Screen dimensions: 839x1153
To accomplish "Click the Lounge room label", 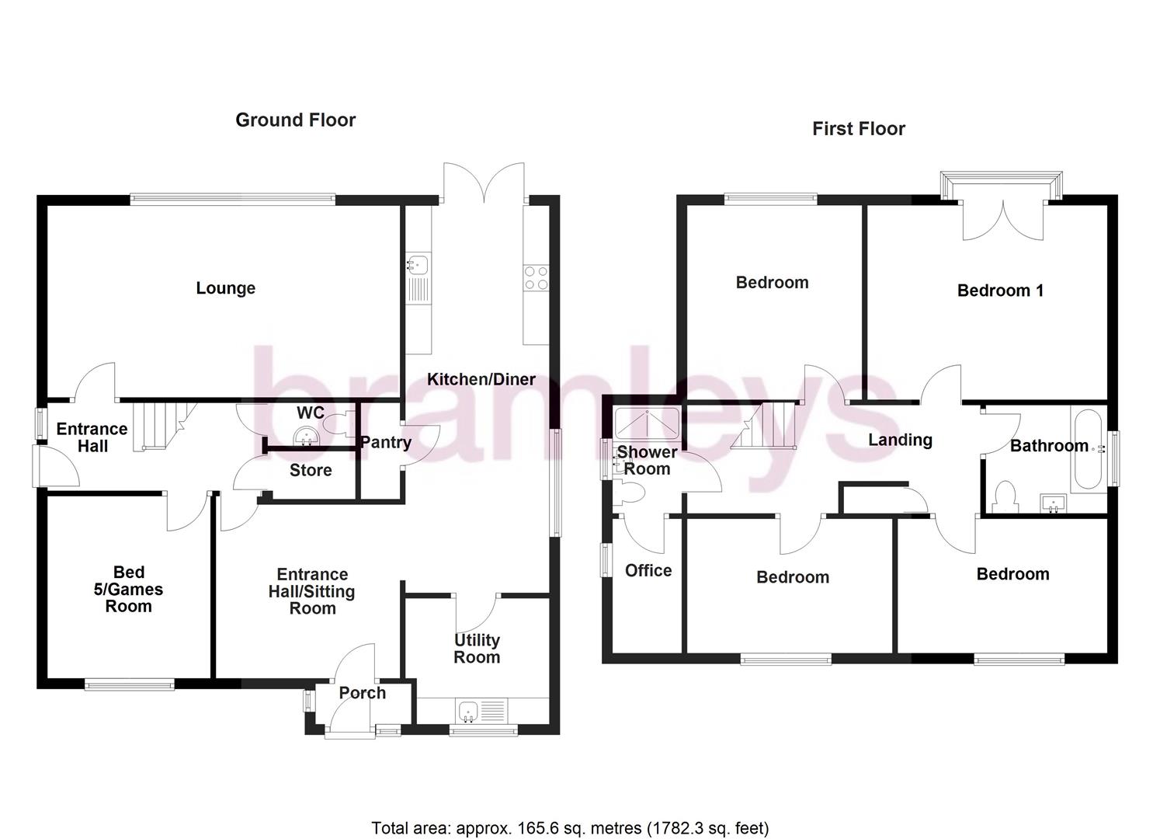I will click(x=225, y=288).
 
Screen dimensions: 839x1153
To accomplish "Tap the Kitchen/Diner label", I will click(x=481, y=379).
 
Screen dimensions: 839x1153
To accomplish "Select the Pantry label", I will click(x=385, y=442).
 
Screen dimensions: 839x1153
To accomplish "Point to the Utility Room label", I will click(x=477, y=649).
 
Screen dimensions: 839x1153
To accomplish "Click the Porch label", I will click(x=362, y=692).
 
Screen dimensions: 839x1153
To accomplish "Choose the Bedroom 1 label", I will click(x=1000, y=291).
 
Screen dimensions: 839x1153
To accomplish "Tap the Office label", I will click(x=648, y=570).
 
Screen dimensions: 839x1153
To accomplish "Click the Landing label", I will click(x=900, y=440).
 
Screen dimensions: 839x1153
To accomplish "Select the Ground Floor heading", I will click(x=295, y=120).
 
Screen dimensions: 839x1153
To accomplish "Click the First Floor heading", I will click(x=859, y=129).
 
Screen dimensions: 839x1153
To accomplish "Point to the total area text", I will click(x=570, y=827).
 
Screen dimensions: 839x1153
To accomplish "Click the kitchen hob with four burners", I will click(x=536, y=278).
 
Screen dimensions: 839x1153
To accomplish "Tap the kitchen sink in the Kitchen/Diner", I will click(x=418, y=266).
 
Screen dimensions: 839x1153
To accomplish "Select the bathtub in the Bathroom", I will click(x=1090, y=449).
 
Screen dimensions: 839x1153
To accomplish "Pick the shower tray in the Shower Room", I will click(x=648, y=423).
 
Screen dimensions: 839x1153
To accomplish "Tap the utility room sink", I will click(x=468, y=711).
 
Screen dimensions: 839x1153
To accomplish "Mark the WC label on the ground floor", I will click(x=310, y=412).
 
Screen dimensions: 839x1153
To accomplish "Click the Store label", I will click(x=311, y=470).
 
